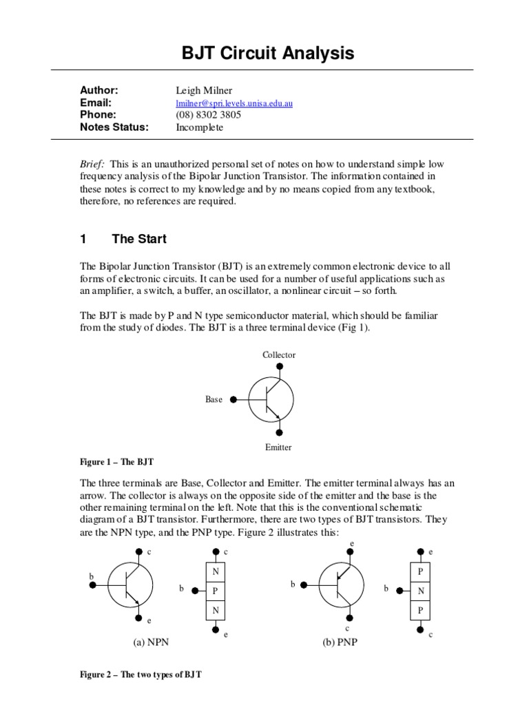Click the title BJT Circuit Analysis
(x=264, y=53)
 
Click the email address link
(x=235, y=103)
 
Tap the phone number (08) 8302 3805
(x=209, y=115)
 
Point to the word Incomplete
(x=200, y=127)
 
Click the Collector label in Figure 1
(x=279, y=355)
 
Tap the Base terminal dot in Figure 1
(x=234, y=399)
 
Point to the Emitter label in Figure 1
(x=278, y=447)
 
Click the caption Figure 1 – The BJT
(x=121, y=461)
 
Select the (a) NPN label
(x=151, y=642)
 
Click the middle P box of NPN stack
(x=216, y=591)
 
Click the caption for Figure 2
(x=141, y=675)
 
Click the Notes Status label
(x=114, y=127)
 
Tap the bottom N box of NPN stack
(x=216, y=610)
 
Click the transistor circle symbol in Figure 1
(x=271, y=399)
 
